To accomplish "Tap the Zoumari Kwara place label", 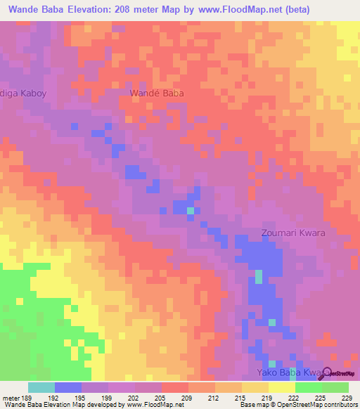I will tap(294, 232).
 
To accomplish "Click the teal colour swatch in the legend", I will tap(41, 387).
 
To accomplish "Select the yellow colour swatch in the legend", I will tap(281, 387).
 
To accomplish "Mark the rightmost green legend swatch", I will tap(335, 387).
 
